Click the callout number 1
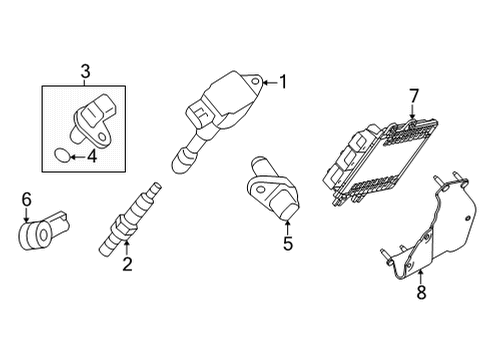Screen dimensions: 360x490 pos(282,83)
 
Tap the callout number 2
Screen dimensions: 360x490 pos(127,264)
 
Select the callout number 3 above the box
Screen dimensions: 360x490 pos(86,71)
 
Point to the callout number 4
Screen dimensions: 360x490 pos(91,155)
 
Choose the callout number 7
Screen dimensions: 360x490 pos(411,97)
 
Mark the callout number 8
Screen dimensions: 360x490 pos(420,293)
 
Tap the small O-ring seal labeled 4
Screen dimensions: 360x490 pos(63,155)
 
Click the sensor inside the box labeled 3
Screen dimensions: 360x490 pos(94,115)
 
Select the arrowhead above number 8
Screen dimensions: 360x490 pos(420,270)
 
